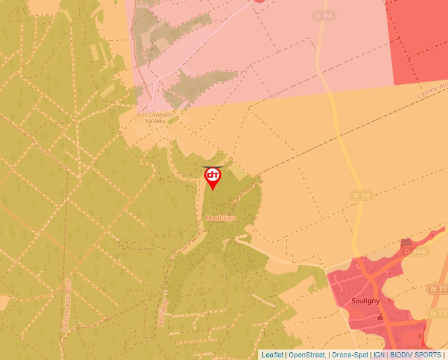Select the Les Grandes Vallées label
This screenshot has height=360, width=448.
pyautogui.click(x=155, y=118)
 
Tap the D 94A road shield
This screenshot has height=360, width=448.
pyautogui.click(x=416, y=251)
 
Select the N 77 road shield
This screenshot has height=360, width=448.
pyautogui.click(x=437, y=289)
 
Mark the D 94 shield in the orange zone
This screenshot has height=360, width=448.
pyautogui.click(x=362, y=195)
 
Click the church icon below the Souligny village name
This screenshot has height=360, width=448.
pyautogui.click(x=379, y=317)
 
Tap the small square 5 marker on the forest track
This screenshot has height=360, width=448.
pyautogui.click(x=165, y=292)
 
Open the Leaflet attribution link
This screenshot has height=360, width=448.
pyautogui.click(x=272, y=355)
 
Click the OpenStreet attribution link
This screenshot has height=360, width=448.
pyautogui.click(x=307, y=355)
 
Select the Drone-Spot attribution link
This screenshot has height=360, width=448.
pyautogui.click(x=350, y=355)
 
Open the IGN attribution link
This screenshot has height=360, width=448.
pyautogui.click(x=379, y=355)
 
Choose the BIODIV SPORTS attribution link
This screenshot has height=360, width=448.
pyautogui.click(x=416, y=355)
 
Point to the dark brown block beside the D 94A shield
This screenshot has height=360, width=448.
pyautogui.click(x=406, y=244)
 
